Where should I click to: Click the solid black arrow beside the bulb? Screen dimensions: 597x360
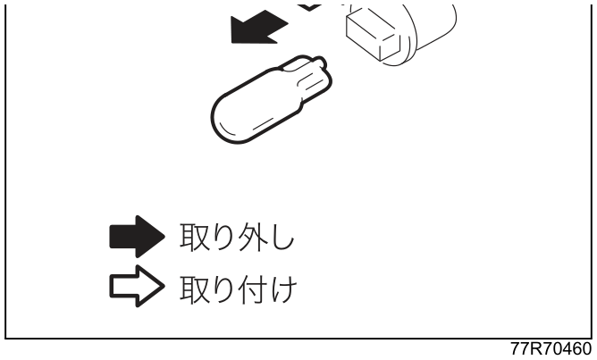point(259,28)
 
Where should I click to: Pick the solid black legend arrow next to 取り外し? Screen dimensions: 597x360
point(137,237)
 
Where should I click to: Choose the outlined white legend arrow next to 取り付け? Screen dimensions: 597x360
point(137,286)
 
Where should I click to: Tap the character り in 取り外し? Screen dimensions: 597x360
point(223,237)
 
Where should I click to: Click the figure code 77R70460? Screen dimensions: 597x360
point(551,348)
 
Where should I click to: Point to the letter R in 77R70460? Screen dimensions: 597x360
point(535,348)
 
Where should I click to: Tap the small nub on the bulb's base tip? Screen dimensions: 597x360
point(322,62)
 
